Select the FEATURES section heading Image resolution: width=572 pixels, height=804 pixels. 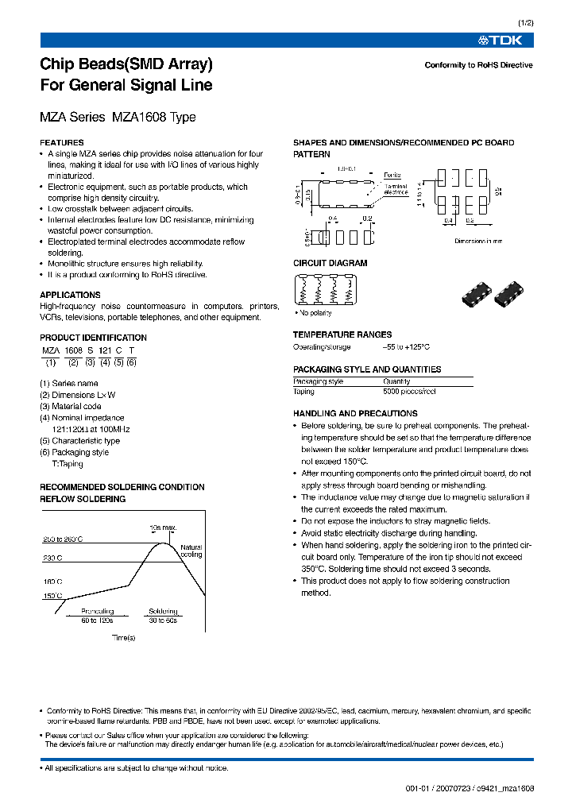(x=62, y=143)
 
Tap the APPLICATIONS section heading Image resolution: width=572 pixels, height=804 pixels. (x=70, y=295)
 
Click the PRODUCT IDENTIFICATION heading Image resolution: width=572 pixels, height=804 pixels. (x=93, y=338)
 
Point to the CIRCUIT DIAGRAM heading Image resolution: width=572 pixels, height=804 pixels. (x=330, y=263)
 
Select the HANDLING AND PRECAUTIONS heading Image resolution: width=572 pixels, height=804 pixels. (x=355, y=414)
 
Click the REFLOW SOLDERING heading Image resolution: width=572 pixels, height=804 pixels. (x=83, y=499)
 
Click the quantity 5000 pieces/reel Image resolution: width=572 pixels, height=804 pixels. (x=409, y=392)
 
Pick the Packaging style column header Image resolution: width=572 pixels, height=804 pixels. (x=318, y=381)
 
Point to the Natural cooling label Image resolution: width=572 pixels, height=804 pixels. (x=191, y=551)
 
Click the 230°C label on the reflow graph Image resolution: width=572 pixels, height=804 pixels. (x=52, y=558)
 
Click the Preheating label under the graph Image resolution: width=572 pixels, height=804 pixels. (x=97, y=612)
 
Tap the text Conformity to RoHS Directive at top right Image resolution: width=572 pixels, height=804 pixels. (x=478, y=65)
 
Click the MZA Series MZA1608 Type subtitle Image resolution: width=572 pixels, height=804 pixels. (x=118, y=118)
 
